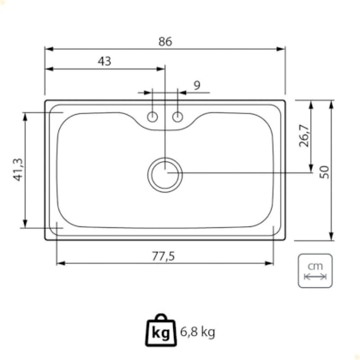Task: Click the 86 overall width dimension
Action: click(165, 42)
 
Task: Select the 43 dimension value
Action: click(105, 61)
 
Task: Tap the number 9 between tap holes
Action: click(197, 85)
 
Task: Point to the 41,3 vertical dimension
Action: click(18, 170)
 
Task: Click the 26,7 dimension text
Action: click(304, 136)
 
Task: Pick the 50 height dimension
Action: click(325, 172)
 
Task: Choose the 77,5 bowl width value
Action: click(163, 256)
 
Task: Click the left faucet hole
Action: click(153, 117)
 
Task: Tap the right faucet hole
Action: click(177, 117)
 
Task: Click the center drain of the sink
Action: click(165, 175)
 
